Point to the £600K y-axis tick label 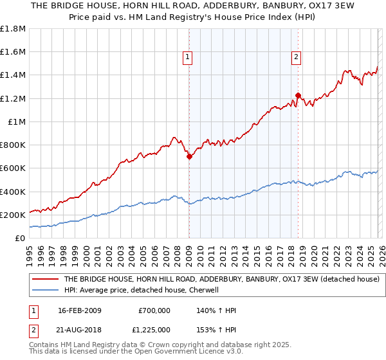(x=13, y=168)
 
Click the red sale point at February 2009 (x=189, y=156)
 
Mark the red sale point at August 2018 (x=298, y=95)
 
